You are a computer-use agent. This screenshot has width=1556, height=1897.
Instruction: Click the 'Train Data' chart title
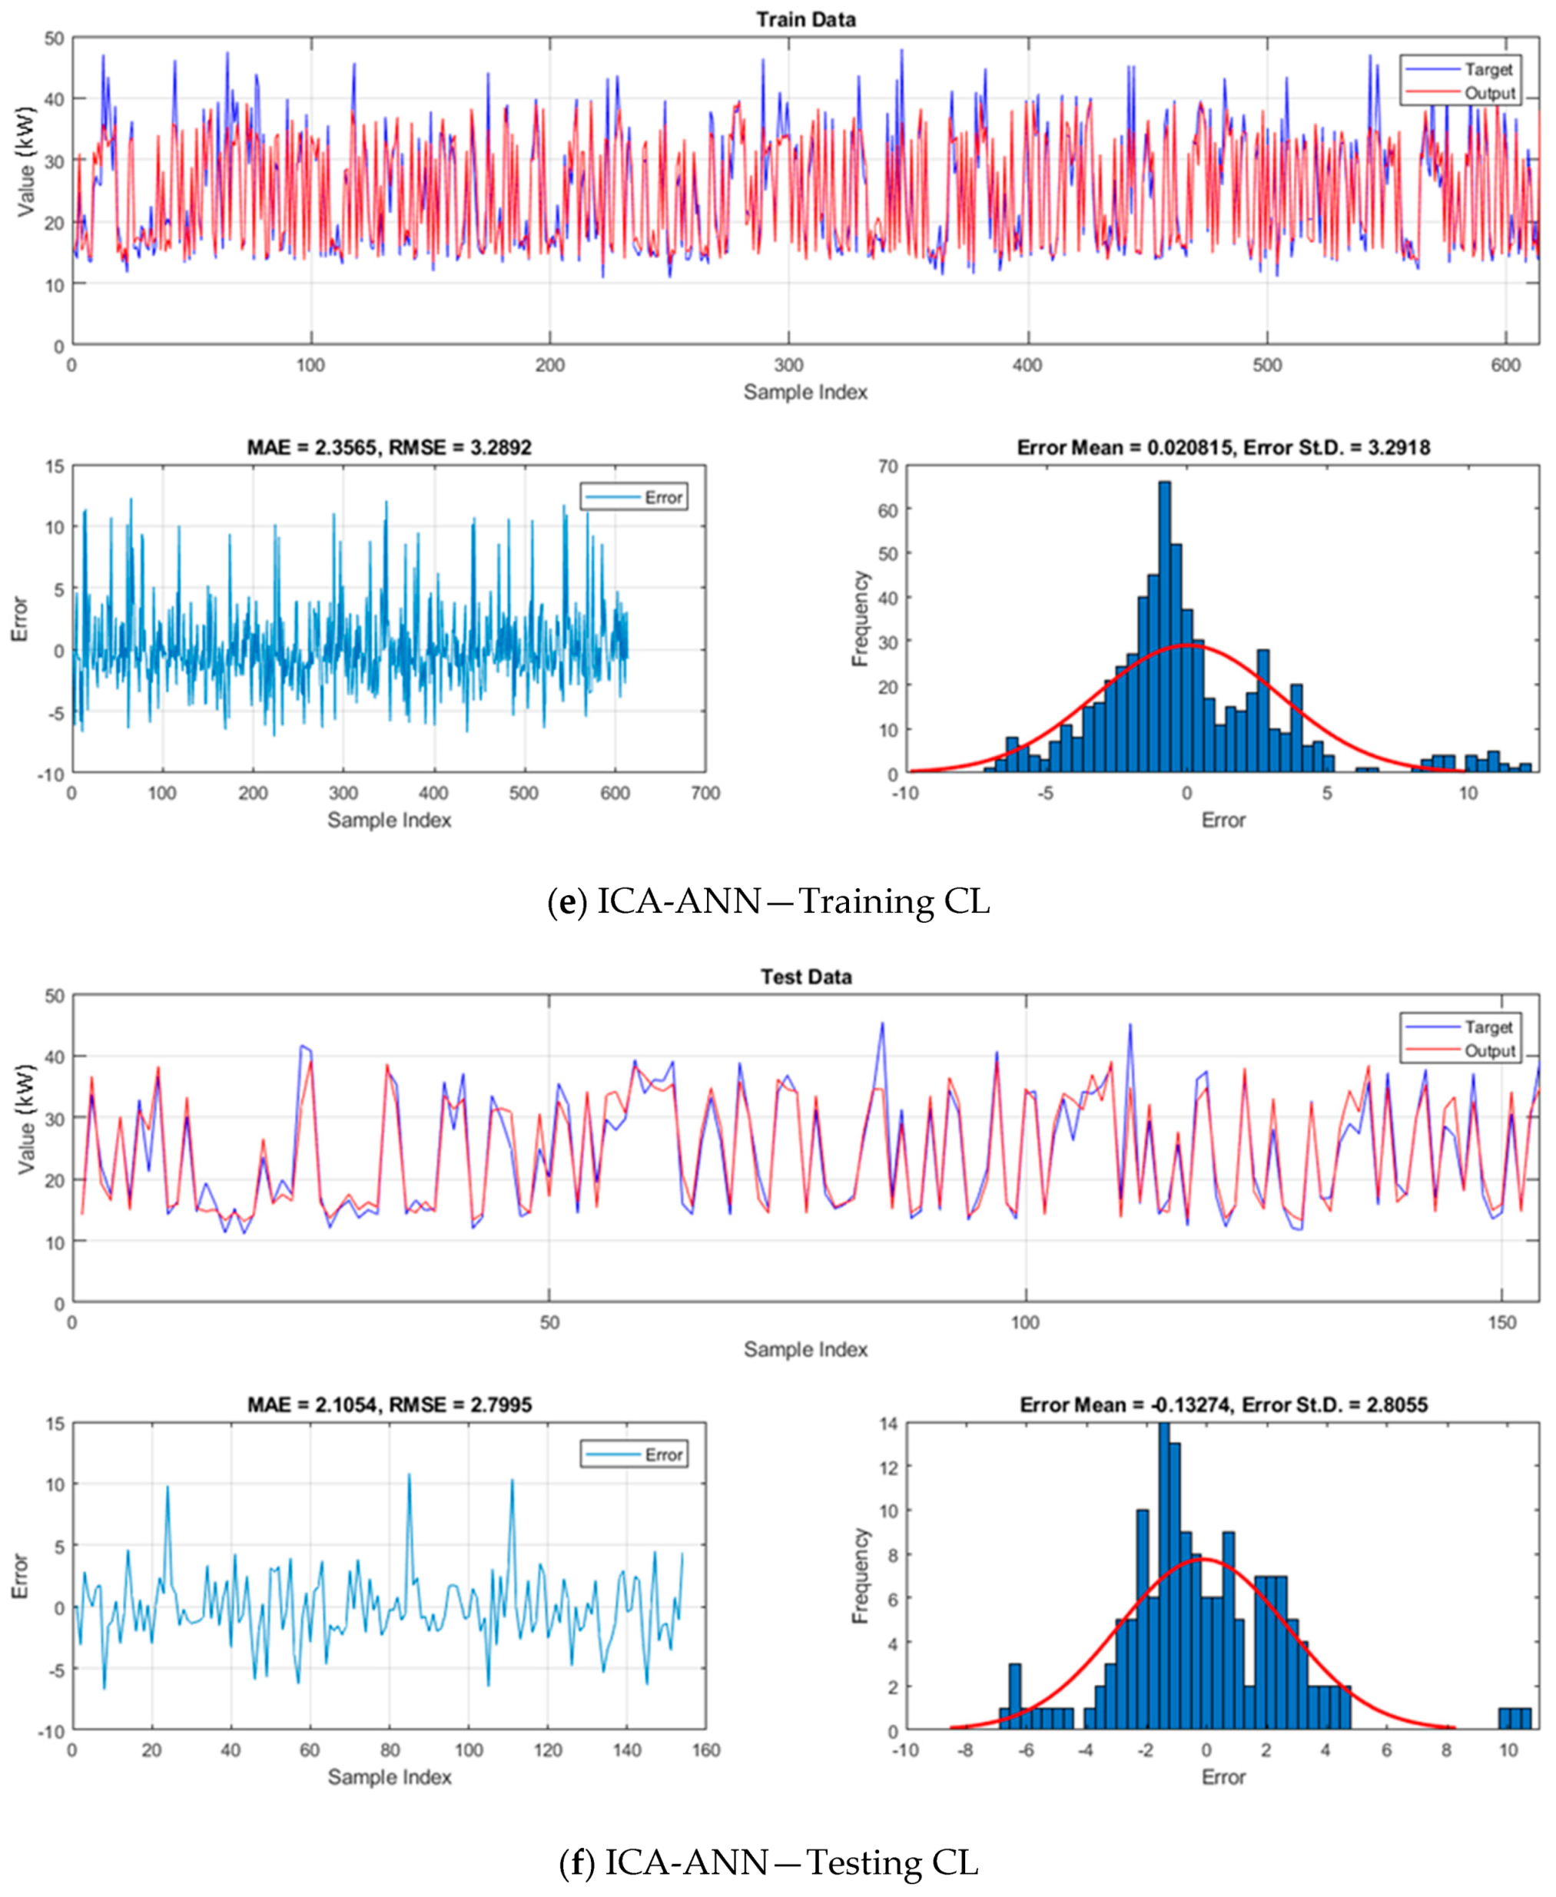pos(805,20)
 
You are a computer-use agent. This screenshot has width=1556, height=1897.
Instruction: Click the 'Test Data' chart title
pos(805,977)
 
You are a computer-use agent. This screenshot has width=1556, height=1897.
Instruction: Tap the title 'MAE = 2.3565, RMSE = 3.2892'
pos(389,447)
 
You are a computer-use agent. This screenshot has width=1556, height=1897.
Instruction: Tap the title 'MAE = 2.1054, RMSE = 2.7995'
pos(389,1405)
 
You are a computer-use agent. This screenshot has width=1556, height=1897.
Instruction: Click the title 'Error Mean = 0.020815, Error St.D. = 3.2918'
pos(1223,447)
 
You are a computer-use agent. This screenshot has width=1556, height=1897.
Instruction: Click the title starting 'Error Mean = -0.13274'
pos(1223,1405)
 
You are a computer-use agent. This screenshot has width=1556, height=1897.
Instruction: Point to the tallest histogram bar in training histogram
pos(1164,627)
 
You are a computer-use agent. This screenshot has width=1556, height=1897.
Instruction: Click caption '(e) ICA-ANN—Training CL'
pos(769,900)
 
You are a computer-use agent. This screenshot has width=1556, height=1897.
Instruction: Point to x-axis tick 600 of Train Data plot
pos(1506,366)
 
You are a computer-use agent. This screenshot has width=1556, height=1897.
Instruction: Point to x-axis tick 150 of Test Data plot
pos(1501,1322)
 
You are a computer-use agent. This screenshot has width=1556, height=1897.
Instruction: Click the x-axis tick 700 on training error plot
pos(705,793)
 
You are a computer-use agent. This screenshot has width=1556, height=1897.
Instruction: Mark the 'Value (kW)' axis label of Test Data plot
pos(26,1120)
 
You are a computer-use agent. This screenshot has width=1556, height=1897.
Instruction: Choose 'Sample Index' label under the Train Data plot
pos(805,393)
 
